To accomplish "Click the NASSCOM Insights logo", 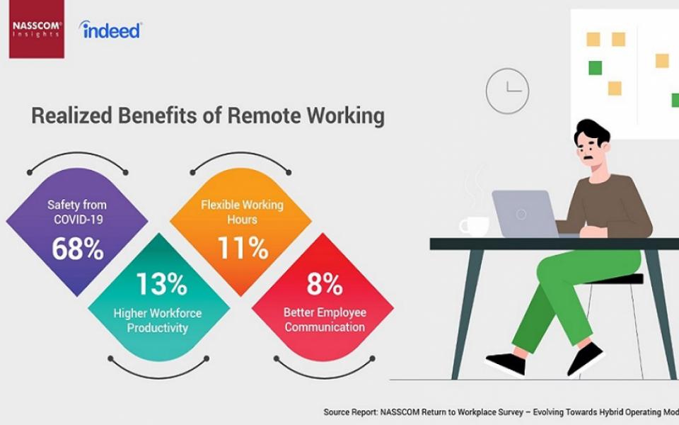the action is (x=37, y=28).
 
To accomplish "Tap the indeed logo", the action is (x=110, y=30).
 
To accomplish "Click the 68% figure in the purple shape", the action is (x=78, y=249).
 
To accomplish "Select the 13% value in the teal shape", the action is (x=161, y=283).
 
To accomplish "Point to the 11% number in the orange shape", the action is (x=243, y=248).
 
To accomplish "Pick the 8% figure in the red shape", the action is (x=325, y=283).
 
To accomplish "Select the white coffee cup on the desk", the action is (x=474, y=226).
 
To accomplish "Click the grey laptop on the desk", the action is (x=526, y=214).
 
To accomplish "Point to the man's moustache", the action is (x=587, y=157).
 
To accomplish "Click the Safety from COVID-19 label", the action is (x=77, y=212).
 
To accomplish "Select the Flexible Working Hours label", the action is (x=242, y=212).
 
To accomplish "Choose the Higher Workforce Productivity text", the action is (x=158, y=320).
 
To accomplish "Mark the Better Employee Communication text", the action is (x=325, y=319).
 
